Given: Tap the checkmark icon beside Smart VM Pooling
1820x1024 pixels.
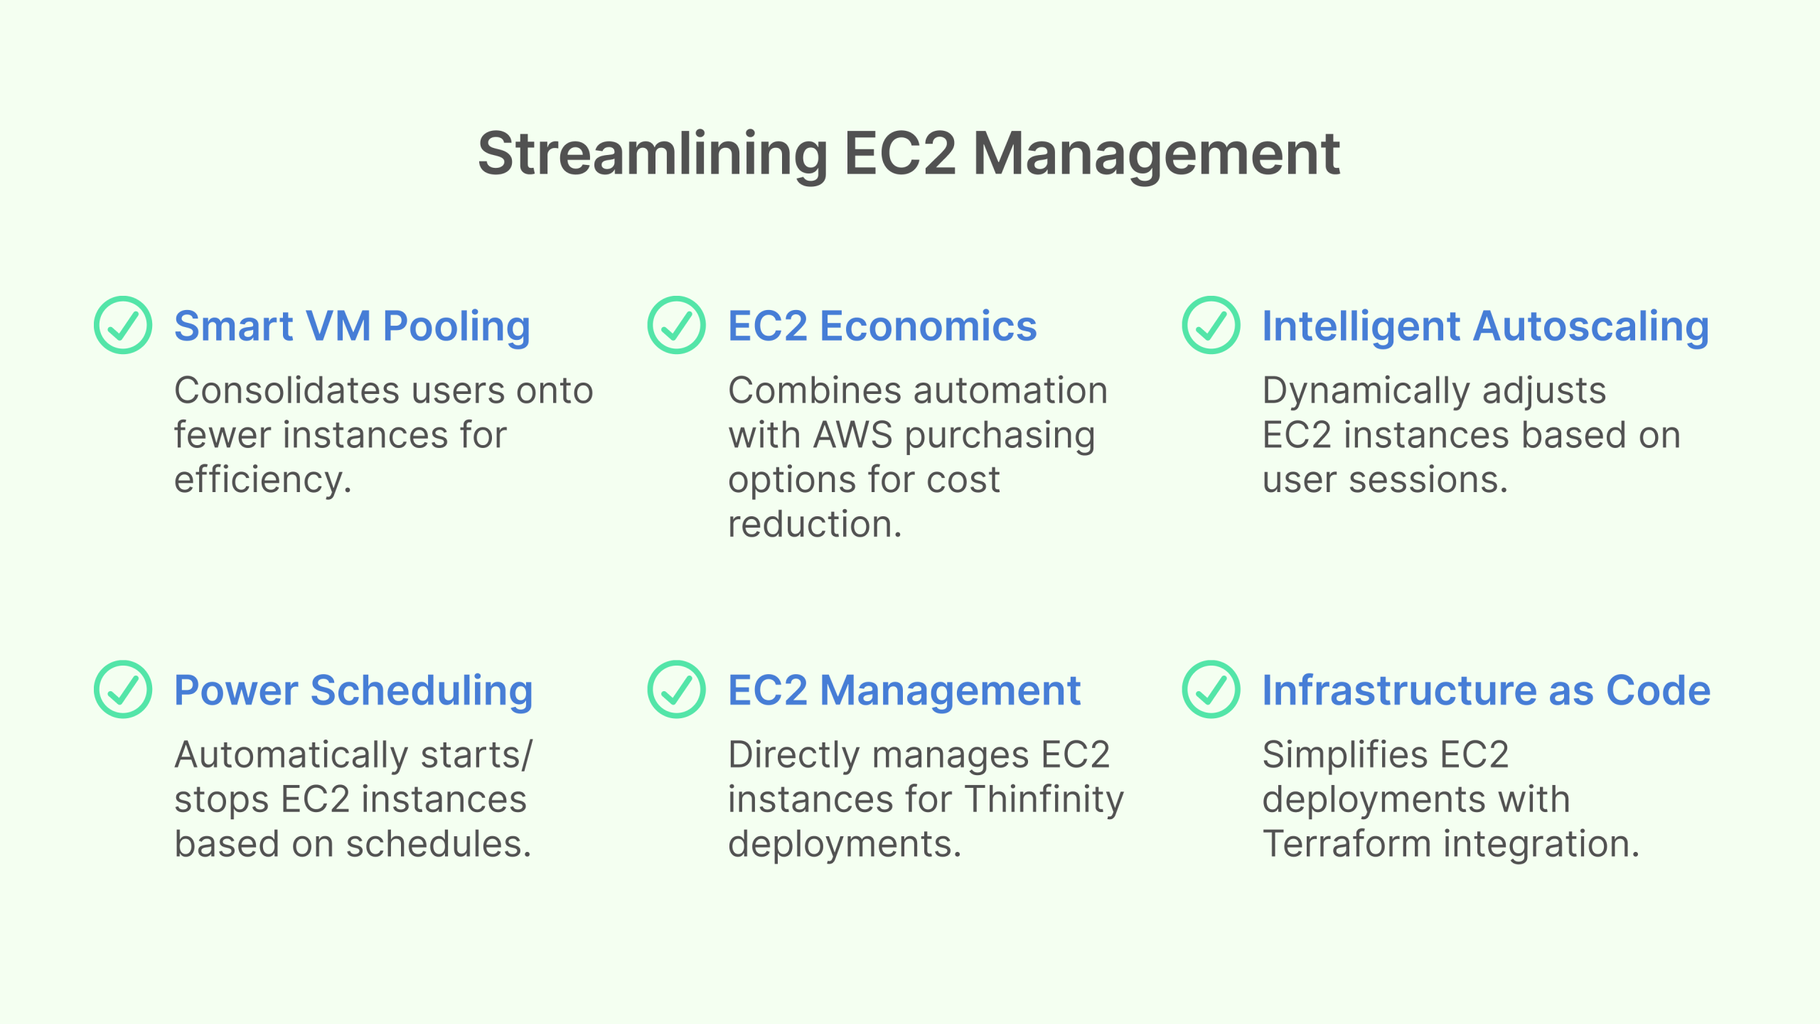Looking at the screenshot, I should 123,325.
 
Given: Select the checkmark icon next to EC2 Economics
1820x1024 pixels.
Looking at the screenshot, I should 676,325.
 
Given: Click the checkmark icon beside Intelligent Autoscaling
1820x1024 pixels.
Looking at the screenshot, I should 1211,325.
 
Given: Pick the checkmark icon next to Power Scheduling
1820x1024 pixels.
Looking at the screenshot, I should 123,689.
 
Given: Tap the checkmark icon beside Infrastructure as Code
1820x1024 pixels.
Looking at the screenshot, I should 1211,689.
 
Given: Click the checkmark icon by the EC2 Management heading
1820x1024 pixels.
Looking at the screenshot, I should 676,689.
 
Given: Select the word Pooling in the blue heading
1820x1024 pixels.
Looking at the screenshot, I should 456,326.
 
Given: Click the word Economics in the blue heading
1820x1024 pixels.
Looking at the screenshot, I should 928,326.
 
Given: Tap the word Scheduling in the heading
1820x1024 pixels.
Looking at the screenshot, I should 422,690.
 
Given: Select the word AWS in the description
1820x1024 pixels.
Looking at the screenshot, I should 852,434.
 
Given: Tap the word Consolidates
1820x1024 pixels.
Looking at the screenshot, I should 287,390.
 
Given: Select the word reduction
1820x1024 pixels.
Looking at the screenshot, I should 815,524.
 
